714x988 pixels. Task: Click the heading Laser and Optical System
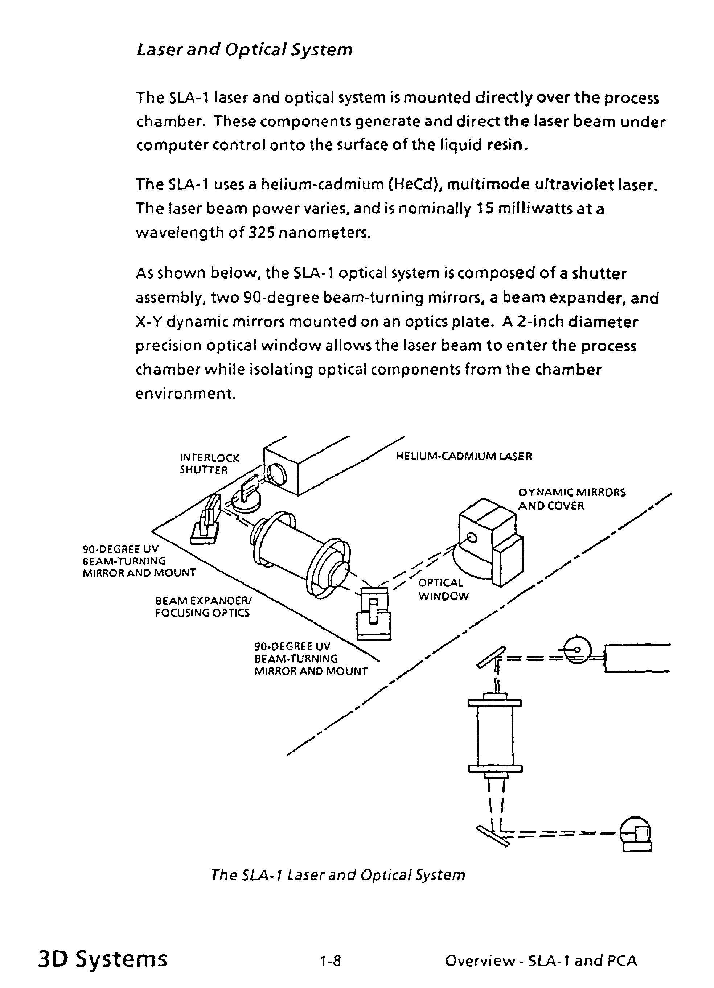(245, 50)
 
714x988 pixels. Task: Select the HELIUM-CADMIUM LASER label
(464, 457)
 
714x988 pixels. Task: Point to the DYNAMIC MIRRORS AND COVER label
(571, 499)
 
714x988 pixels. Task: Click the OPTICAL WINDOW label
(443, 589)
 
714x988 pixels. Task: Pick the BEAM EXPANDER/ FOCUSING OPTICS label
(203, 606)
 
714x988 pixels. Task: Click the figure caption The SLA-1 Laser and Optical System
(338, 874)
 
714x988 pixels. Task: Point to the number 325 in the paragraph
(261, 233)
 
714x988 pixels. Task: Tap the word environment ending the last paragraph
(185, 394)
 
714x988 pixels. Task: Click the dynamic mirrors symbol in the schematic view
(636, 833)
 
